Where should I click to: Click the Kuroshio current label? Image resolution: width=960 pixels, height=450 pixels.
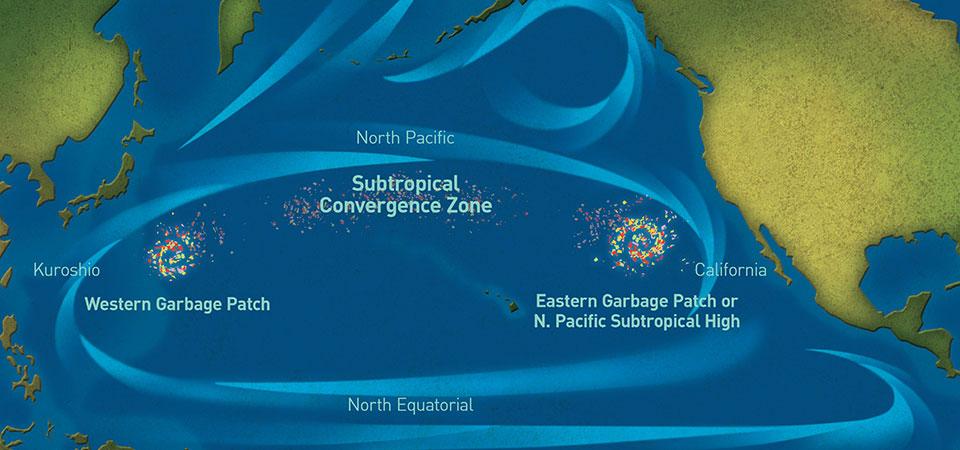coord(66,270)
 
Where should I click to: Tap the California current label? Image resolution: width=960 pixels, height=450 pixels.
coord(730,270)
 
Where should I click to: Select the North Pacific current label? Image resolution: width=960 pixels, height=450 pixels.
coord(405,138)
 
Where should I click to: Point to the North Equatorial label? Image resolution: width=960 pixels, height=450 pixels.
coord(410,405)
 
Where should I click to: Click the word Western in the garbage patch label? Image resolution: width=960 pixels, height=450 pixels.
coord(117,301)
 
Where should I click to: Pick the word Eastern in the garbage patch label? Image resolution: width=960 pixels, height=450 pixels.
coord(567,301)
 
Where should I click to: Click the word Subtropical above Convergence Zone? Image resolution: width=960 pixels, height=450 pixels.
coord(405,185)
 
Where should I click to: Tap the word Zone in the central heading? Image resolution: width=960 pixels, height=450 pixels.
coord(466,207)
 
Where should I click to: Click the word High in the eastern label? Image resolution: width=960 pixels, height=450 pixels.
coord(720,321)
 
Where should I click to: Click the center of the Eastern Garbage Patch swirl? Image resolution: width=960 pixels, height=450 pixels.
coord(637,237)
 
